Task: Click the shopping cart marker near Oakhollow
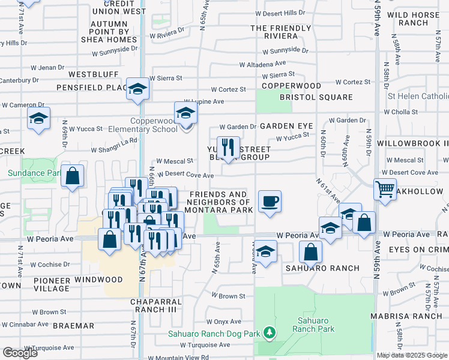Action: [385, 188]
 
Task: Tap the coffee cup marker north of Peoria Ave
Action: [270, 201]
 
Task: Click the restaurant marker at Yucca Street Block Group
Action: [228, 147]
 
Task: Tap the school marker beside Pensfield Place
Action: [138, 88]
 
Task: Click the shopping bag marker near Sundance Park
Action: [72, 176]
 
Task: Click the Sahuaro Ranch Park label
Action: [313, 325]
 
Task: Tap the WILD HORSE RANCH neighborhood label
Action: [415, 19]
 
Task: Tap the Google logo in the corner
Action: [20, 353]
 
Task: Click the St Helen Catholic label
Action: [418, 96]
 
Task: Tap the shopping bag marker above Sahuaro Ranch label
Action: [310, 250]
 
